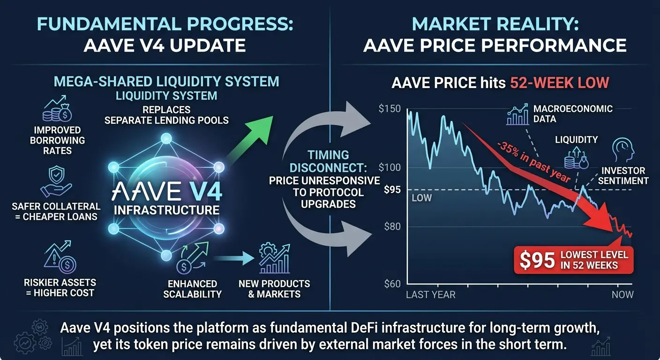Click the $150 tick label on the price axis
[x=390, y=109]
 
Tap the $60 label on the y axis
[x=392, y=284]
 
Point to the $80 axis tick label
[x=392, y=226]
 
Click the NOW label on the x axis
[x=622, y=294]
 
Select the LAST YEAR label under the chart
[x=431, y=294]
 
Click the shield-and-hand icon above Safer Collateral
[x=56, y=181]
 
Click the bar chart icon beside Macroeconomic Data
[x=517, y=114]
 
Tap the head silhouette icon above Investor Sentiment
[x=622, y=150]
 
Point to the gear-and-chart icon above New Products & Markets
[x=275, y=258]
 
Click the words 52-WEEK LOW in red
[x=560, y=83]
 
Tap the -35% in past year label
[x=533, y=162]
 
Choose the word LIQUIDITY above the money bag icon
[x=576, y=140]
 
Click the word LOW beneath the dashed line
[x=421, y=198]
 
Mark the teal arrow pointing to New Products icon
[x=233, y=258]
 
